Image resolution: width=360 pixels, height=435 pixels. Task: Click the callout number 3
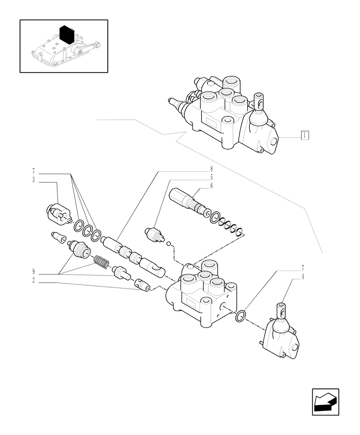(x=33, y=180)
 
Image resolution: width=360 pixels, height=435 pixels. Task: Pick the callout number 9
(x=33, y=274)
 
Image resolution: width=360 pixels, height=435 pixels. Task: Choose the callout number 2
(x=33, y=282)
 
